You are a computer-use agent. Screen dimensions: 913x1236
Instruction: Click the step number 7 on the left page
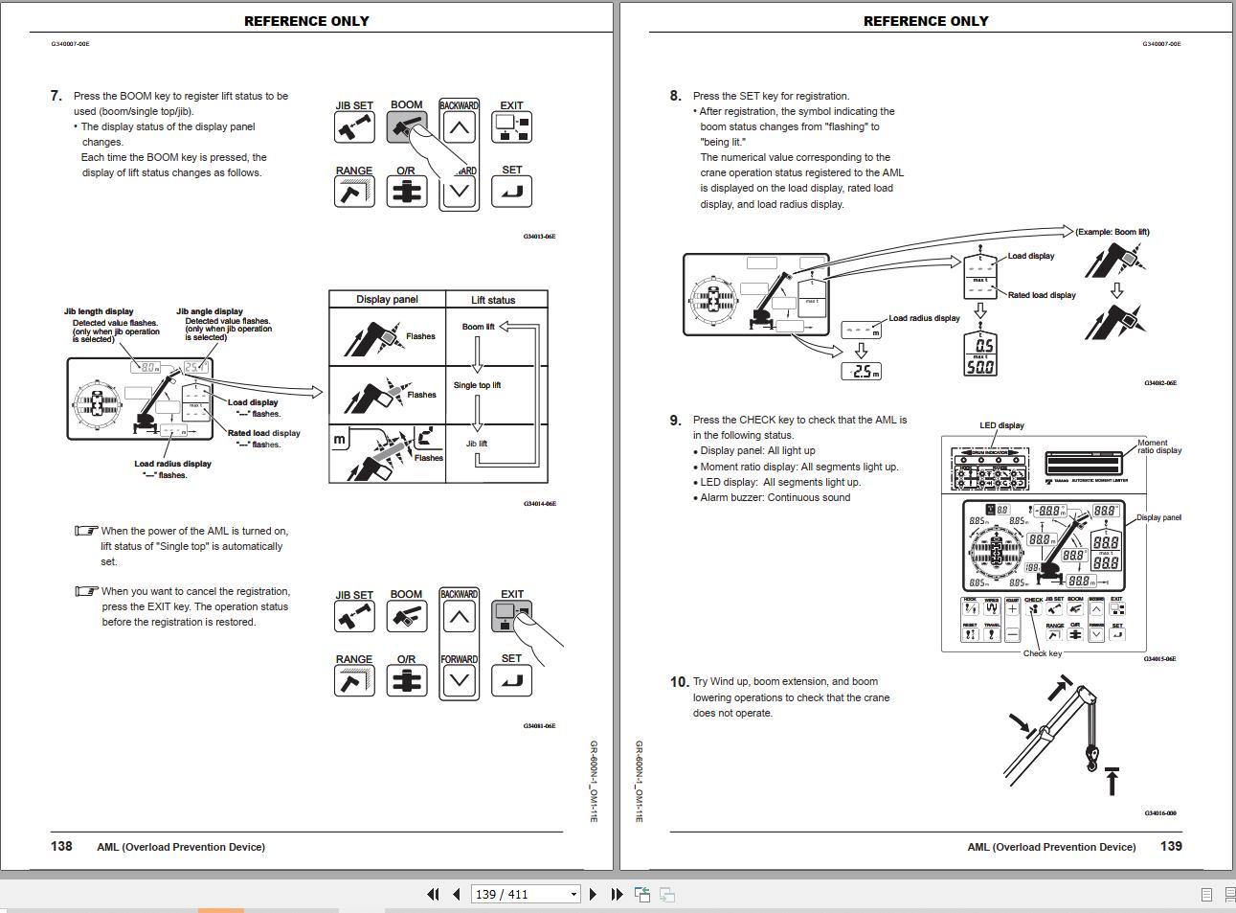(x=56, y=96)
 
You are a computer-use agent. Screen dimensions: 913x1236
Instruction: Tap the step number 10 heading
(x=679, y=682)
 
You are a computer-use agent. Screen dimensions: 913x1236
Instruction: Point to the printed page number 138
(x=61, y=846)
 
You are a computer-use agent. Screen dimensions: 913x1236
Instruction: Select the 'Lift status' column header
(x=493, y=300)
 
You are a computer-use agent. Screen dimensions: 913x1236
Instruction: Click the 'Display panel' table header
(x=387, y=300)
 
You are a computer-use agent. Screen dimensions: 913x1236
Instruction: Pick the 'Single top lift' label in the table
(x=477, y=385)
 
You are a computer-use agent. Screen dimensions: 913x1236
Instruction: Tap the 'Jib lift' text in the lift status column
(x=477, y=444)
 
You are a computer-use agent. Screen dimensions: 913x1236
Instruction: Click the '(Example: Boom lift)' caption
(x=1112, y=232)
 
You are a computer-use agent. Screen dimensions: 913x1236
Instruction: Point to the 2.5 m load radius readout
(x=861, y=372)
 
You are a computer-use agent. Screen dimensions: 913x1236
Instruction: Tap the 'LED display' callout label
(x=1001, y=425)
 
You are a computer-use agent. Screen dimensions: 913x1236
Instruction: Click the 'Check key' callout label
(x=1042, y=653)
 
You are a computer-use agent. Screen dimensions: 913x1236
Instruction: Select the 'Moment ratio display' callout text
(x=1159, y=446)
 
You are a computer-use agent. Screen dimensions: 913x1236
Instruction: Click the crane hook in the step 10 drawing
(x=1090, y=758)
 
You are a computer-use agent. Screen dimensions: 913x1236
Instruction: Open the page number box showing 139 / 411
(x=526, y=894)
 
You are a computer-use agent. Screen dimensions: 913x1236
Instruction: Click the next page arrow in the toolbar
(x=593, y=894)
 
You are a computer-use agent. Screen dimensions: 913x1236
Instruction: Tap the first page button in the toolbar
(x=433, y=894)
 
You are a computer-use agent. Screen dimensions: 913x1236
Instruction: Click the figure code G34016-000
(x=1159, y=813)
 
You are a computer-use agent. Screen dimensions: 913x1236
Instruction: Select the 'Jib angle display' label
(x=210, y=311)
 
